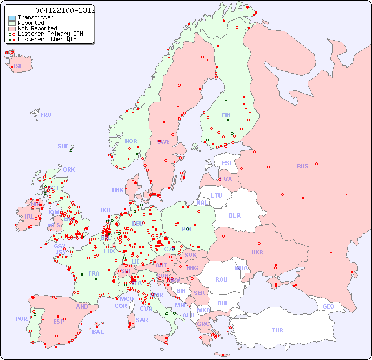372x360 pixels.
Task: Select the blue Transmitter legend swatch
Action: click(x=12, y=18)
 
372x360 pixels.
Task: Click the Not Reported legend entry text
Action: click(x=37, y=28)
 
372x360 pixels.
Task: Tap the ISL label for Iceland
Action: click(x=18, y=67)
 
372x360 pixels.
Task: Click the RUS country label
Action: click(x=302, y=166)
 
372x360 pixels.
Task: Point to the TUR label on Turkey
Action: click(x=277, y=330)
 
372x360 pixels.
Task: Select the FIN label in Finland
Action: click(x=226, y=115)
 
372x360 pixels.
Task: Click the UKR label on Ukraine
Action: click(x=257, y=252)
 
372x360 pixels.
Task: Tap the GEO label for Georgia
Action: click(x=328, y=306)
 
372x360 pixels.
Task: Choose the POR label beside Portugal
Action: click(x=21, y=319)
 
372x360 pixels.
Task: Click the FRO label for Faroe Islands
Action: click(x=46, y=115)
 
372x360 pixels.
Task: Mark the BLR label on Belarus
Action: click(x=235, y=215)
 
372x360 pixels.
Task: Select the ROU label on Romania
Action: click(x=221, y=279)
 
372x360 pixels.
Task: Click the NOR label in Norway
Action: click(x=131, y=141)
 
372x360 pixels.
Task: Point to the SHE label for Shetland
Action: click(x=63, y=146)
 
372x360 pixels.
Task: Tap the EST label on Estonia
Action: click(x=227, y=163)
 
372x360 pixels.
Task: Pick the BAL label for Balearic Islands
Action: click(x=97, y=332)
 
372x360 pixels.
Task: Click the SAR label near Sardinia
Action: click(x=142, y=320)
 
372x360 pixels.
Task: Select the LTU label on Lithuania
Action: click(x=216, y=195)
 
